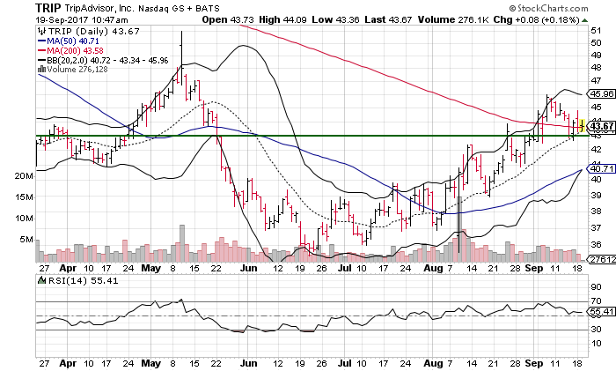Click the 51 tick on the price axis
tap(595, 30)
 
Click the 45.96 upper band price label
tap(600, 93)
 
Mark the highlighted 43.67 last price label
tap(600, 127)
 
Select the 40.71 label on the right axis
tap(600, 168)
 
